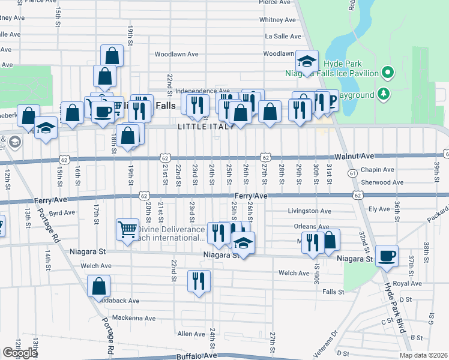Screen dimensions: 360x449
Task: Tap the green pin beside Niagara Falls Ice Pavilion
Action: pos(388,74)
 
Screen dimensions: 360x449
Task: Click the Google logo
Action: pos(20,353)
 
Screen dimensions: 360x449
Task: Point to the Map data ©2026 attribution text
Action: pos(424,355)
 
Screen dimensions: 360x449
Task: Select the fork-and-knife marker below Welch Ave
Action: pos(198,280)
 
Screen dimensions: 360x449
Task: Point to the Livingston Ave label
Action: pos(309,211)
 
